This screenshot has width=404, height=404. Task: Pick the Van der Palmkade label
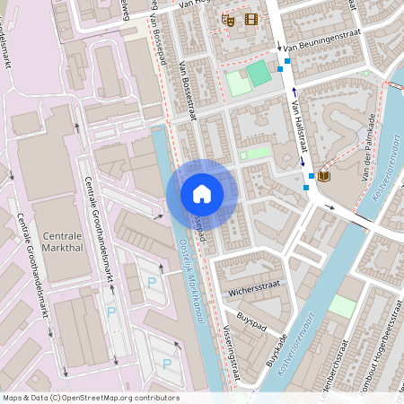point(367,147)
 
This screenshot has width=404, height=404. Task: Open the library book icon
point(323,176)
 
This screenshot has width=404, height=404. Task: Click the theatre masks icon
point(228,19)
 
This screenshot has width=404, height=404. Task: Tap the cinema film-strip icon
point(250,19)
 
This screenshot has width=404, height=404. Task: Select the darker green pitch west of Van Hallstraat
point(258,74)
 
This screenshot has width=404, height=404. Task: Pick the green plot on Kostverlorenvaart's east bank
point(341,306)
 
